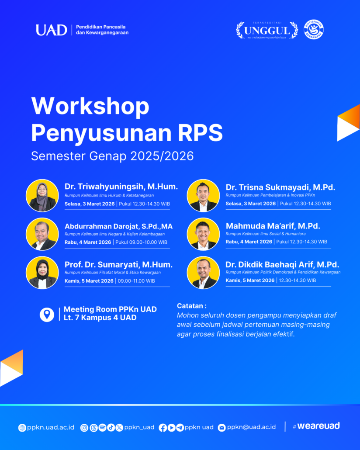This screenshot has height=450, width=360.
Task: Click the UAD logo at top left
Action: point(51,30)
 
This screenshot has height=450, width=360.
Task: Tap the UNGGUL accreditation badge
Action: point(267,30)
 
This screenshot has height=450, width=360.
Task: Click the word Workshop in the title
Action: point(90,106)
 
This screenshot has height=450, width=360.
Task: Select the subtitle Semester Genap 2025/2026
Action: point(112,156)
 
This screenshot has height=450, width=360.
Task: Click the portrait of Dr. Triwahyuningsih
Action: point(42,195)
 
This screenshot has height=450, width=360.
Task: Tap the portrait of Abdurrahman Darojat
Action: point(42,234)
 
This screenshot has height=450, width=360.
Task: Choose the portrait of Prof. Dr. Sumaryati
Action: point(42,272)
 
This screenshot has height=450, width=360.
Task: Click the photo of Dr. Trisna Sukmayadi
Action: point(203,195)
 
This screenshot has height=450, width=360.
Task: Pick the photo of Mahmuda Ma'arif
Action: point(203,234)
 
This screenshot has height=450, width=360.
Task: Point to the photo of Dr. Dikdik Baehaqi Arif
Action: point(203,272)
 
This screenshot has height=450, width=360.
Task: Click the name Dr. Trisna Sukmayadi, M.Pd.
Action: point(280,187)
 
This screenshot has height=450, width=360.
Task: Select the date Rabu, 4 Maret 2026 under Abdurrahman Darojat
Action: point(89,242)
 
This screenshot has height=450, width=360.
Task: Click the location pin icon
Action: point(47,314)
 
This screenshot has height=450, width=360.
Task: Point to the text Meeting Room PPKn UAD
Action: point(110,309)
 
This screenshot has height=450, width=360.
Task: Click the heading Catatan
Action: point(191,306)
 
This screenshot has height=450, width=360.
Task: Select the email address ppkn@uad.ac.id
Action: point(251,427)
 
